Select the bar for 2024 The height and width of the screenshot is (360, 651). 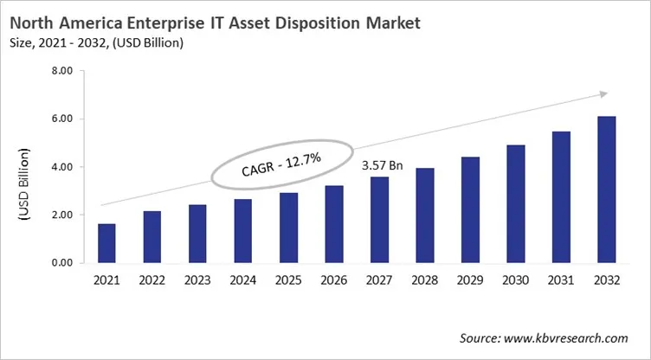click(242, 231)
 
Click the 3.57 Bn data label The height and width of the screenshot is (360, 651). click(378, 162)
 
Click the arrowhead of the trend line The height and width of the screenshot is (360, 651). click(604, 93)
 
